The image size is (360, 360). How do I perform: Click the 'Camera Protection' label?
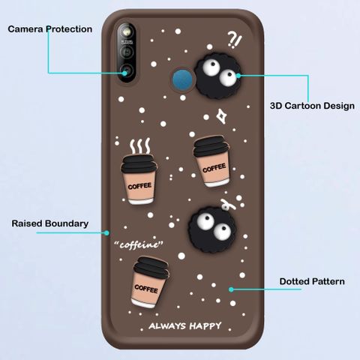point(50,29)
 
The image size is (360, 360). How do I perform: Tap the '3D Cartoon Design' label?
point(312,106)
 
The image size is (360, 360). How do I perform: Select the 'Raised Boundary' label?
point(50,223)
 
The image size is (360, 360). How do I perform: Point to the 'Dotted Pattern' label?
point(312,281)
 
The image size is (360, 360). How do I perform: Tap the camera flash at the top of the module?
point(127,31)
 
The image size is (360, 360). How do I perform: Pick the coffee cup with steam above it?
point(139,179)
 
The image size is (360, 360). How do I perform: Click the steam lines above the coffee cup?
point(140,146)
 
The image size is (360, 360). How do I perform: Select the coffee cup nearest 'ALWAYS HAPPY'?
point(149,283)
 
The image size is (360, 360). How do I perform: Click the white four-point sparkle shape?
point(221,116)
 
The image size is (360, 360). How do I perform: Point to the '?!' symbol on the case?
point(235,40)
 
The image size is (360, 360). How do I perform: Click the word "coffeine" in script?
point(139,244)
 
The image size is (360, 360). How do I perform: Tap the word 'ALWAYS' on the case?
point(167,326)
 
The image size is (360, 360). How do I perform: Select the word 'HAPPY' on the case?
point(205,325)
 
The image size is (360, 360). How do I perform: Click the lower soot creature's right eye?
point(222,231)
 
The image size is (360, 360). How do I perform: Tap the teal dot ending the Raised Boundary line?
point(106,233)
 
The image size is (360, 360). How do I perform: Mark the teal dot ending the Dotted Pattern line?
point(231,289)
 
